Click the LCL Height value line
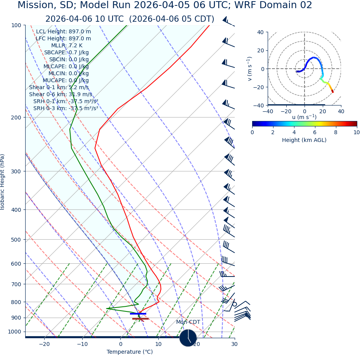[63, 31]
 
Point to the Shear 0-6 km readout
[61, 94]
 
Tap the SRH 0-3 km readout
[66, 108]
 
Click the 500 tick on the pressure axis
[16, 240]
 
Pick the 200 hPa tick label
[16, 117]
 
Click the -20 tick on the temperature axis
[44, 344]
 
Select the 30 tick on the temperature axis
[234, 344]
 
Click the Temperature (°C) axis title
[130, 352]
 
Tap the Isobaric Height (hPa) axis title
[3, 182]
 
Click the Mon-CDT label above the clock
[188, 322]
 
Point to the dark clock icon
[188, 338]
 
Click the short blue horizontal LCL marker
[138, 313]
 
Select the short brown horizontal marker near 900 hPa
[140, 319]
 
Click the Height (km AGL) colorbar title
[304, 140]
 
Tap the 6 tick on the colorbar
[315, 132]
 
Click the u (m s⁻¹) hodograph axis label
[304, 117]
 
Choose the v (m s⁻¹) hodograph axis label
[250, 69]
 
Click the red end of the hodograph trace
[332, 92]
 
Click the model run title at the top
[165, 5]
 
